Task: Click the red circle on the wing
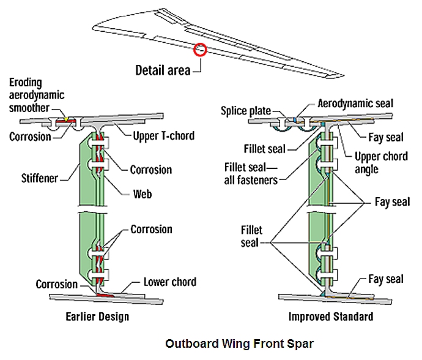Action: (200, 50)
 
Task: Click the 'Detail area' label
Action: (163, 69)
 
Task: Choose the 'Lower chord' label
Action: (170, 282)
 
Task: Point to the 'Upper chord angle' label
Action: (382, 162)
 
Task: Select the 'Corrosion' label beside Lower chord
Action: (57, 285)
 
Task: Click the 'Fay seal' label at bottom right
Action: (385, 279)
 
